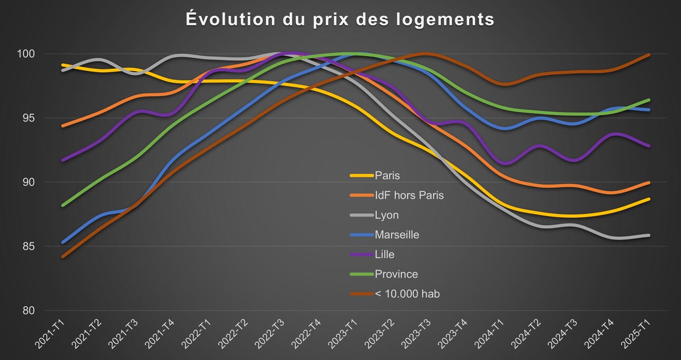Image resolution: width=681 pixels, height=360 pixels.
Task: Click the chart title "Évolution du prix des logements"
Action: pos(340,20)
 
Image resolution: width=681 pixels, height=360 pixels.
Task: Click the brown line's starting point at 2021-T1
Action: pos(63,257)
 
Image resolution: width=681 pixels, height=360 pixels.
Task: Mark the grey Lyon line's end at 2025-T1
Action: pos(649,235)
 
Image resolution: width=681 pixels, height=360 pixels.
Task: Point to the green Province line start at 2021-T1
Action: pos(63,206)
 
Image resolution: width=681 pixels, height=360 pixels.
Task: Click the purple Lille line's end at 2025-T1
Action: pos(649,146)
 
